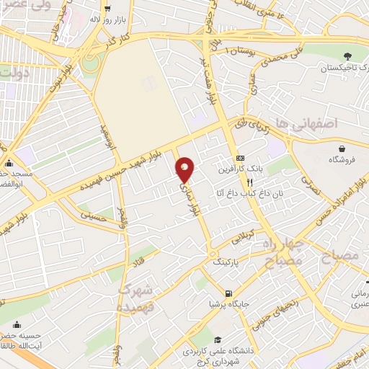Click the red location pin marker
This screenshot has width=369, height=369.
[186, 169]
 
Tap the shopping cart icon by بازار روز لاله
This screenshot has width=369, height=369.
[107, 9]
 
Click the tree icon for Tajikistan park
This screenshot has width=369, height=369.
[349, 55]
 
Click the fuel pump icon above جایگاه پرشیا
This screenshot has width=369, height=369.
[228, 293]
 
